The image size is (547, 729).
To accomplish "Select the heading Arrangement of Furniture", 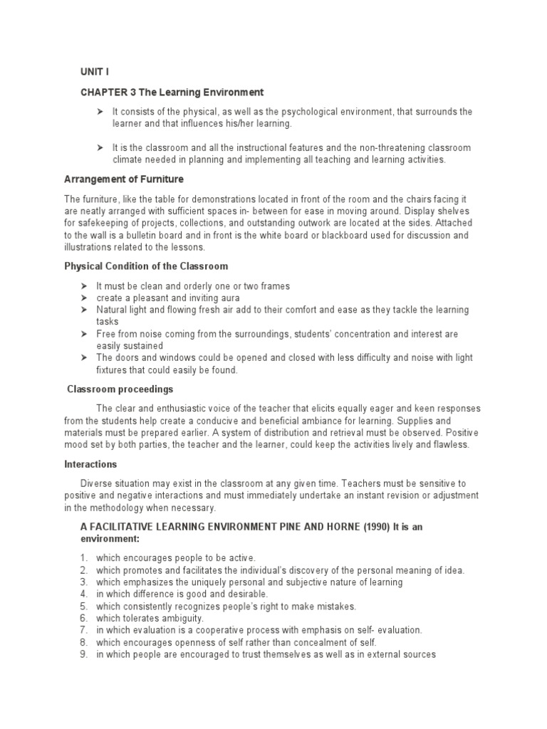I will tap(124, 179).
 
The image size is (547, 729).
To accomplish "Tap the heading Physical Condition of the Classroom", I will tap(146, 266).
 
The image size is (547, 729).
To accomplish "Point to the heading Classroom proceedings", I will tap(120, 389).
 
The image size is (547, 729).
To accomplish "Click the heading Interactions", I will tap(90, 463).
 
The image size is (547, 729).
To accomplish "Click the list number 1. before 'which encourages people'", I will tap(83, 557).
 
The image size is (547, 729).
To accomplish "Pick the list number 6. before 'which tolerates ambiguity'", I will tap(83, 618).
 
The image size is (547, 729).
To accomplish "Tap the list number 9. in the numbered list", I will tap(83, 654).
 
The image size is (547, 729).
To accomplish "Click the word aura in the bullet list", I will tap(228, 298).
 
